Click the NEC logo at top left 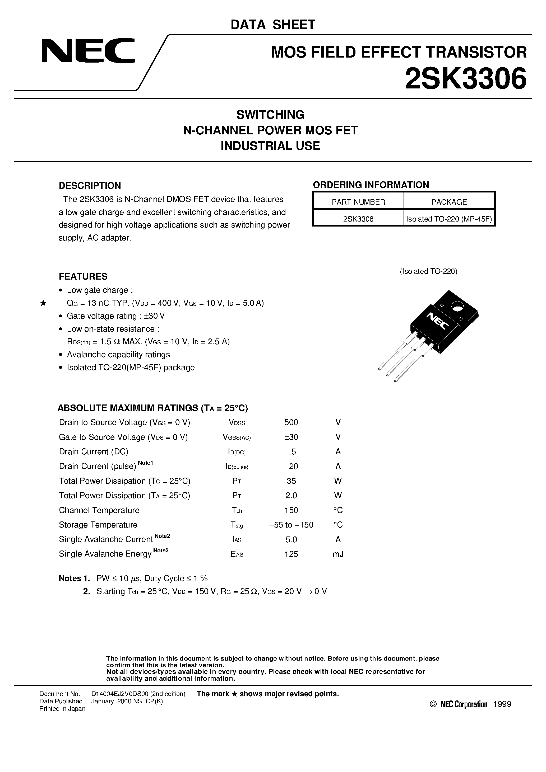click(x=88, y=51)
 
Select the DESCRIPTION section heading click(x=90, y=186)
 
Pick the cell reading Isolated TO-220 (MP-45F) click(x=449, y=219)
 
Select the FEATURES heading click(x=83, y=276)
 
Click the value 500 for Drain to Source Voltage click(x=291, y=422)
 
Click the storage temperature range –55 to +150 click(x=291, y=525)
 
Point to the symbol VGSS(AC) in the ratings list click(x=237, y=437)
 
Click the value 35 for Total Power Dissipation click(x=291, y=481)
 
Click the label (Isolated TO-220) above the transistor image click(x=428, y=271)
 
